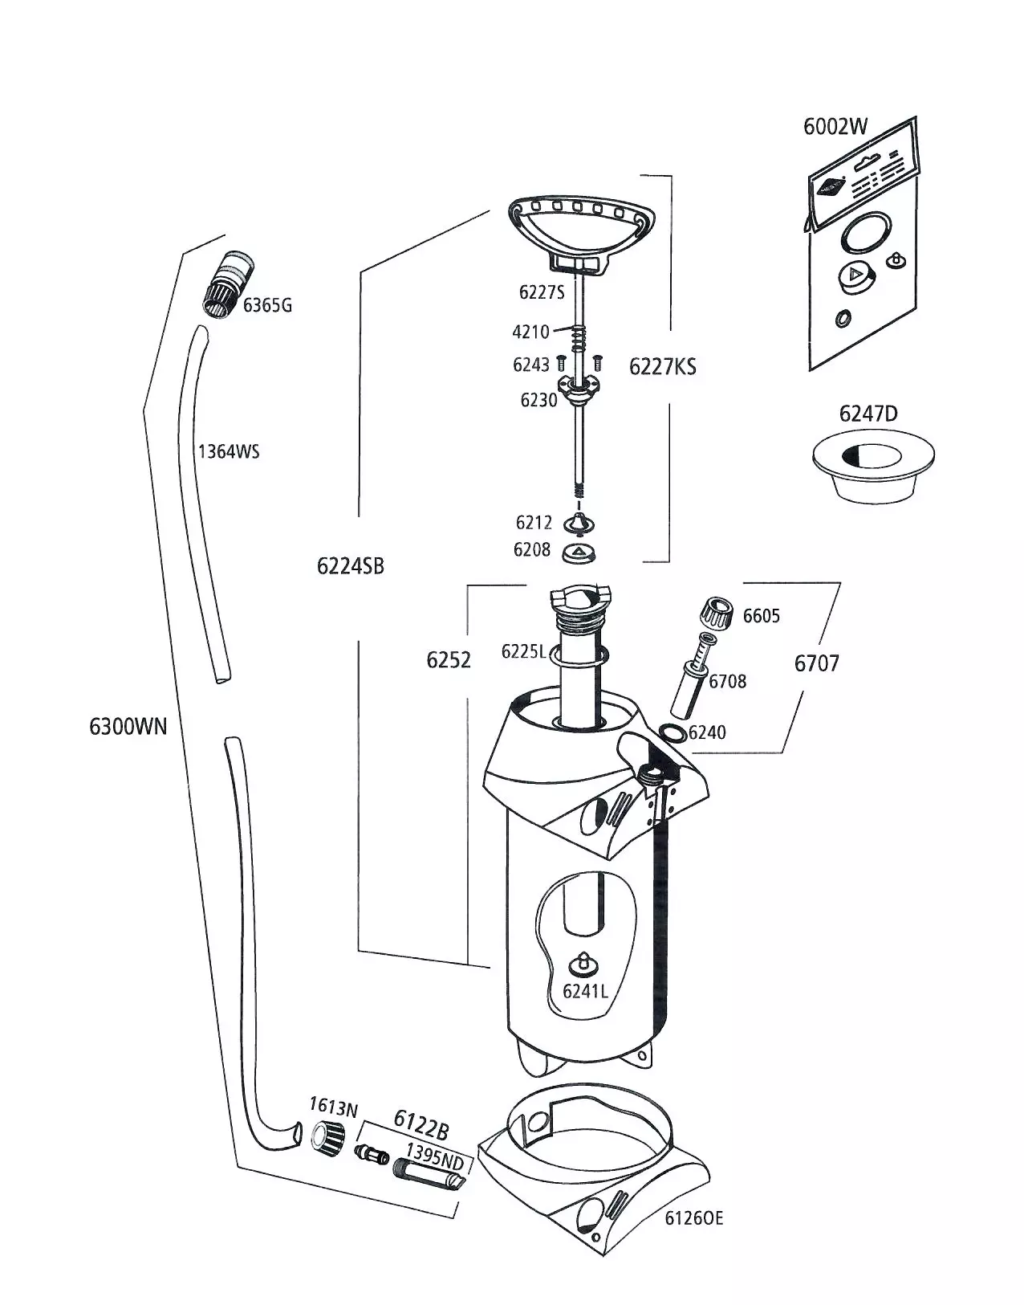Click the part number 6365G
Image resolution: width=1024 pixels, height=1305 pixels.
(267, 305)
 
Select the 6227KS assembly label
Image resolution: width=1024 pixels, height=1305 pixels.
(662, 367)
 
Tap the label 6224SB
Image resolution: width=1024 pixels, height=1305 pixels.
(350, 566)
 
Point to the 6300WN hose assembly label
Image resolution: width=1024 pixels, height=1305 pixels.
(128, 726)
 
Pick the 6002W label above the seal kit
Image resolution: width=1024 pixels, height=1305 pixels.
(835, 127)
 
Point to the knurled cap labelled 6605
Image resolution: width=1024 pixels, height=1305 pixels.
(717, 616)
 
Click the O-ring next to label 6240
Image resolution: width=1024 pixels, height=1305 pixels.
(670, 732)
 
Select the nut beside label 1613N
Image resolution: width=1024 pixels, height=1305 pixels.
(328, 1136)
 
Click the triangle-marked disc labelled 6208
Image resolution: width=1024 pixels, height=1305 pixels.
(578, 552)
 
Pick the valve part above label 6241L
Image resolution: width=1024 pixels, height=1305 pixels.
(584, 962)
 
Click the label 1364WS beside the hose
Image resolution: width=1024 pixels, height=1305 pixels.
(229, 451)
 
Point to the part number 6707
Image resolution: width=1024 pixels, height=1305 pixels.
(816, 663)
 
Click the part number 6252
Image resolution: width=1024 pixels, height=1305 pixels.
(449, 660)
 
